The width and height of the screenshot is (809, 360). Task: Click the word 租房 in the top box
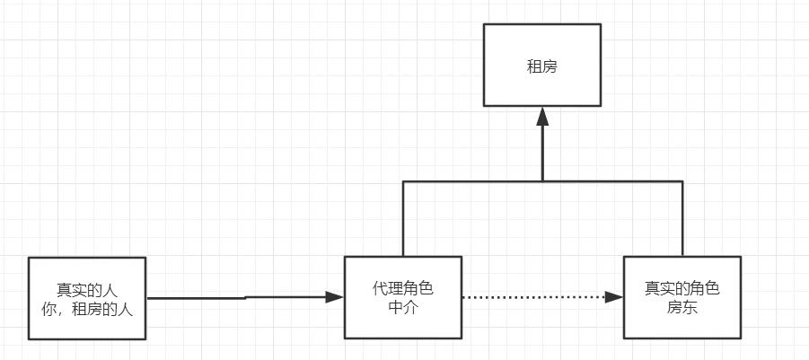click(541, 66)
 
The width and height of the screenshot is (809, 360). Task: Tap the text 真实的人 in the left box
click(87, 290)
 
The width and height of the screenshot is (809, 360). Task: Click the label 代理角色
click(403, 289)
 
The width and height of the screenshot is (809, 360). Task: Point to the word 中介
click(403, 308)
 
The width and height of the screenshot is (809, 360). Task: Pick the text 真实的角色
click(682, 289)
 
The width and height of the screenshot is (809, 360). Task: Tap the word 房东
click(682, 308)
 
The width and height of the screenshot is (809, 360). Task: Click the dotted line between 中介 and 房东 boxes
click(539, 297)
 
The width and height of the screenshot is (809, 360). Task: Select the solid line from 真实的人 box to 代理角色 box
click(242, 297)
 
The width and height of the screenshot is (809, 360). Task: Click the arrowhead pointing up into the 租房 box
click(541, 116)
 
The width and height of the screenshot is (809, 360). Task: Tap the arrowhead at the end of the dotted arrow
click(615, 297)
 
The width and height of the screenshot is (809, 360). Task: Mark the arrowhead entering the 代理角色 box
click(336, 296)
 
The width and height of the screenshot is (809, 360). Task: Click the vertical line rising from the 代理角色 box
click(403, 220)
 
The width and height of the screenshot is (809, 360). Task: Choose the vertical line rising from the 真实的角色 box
click(682, 220)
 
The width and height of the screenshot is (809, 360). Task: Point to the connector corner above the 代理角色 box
click(403, 182)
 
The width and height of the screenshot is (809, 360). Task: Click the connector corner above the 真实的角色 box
click(682, 182)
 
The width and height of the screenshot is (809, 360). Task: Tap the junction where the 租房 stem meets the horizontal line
click(541, 182)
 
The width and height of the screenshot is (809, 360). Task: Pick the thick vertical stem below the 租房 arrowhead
click(541, 153)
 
